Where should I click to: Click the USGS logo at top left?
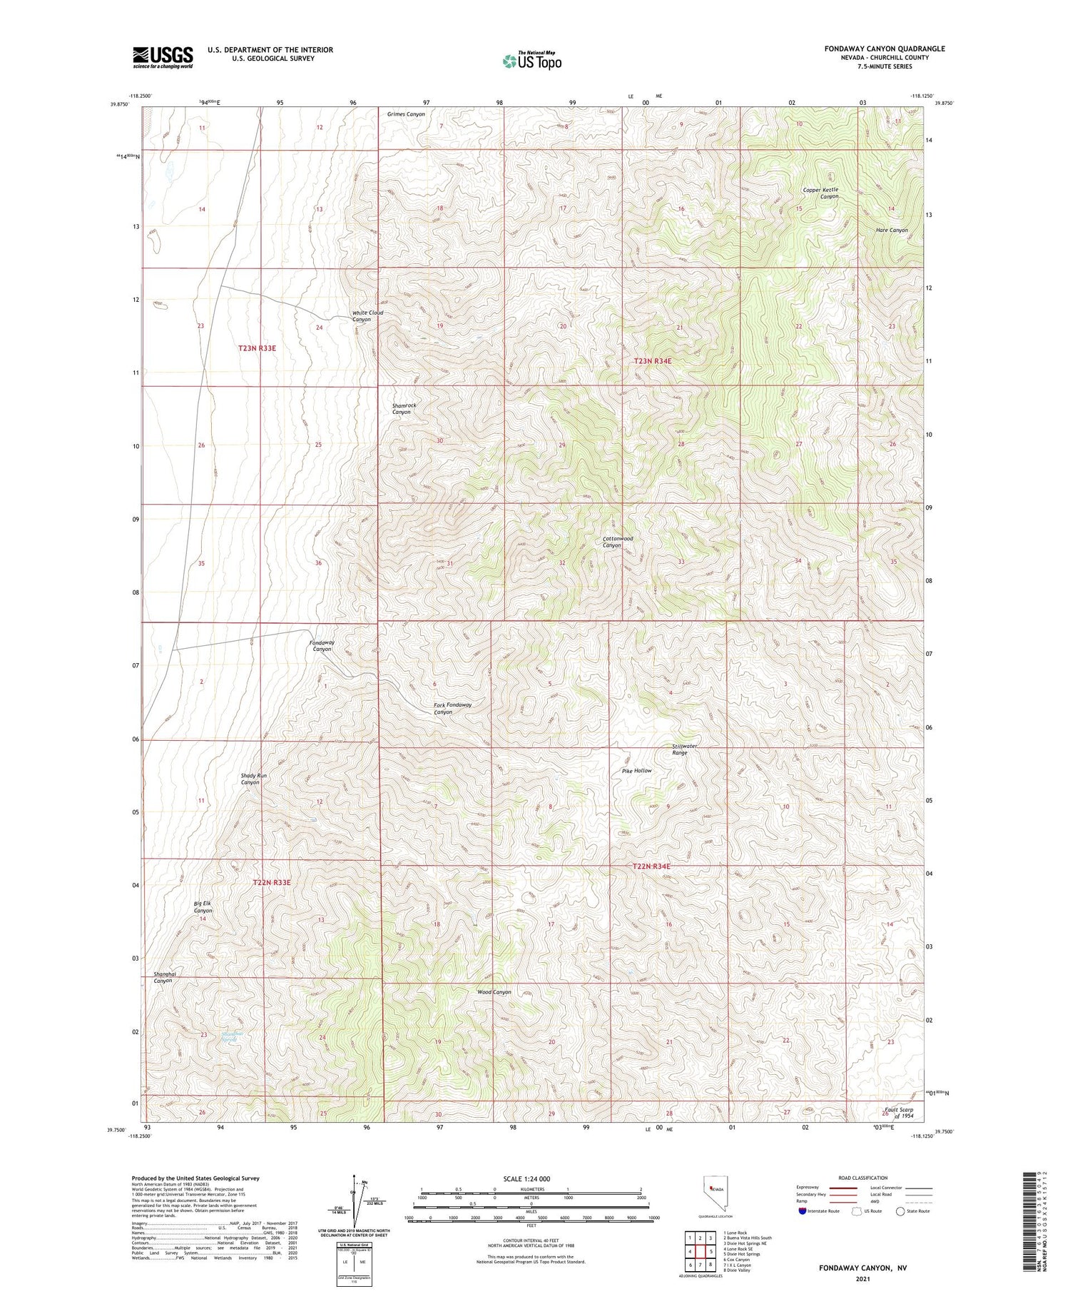click(163, 57)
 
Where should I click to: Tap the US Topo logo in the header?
click(531, 61)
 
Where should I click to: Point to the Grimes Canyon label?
click(406, 114)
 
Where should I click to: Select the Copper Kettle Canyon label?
click(820, 193)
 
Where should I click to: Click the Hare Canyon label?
click(892, 230)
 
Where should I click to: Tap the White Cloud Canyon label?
click(367, 315)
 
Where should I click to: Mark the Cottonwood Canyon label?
click(617, 542)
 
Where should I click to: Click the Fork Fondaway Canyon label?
click(452, 708)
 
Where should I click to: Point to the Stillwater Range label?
click(685, 749)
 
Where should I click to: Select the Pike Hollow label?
click(636, 771)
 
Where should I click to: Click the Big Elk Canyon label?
click(203, 907)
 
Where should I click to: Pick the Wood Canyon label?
click(494, 992)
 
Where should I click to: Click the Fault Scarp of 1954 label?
click(899, 1113)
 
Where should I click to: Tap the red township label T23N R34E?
click(652, 361)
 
